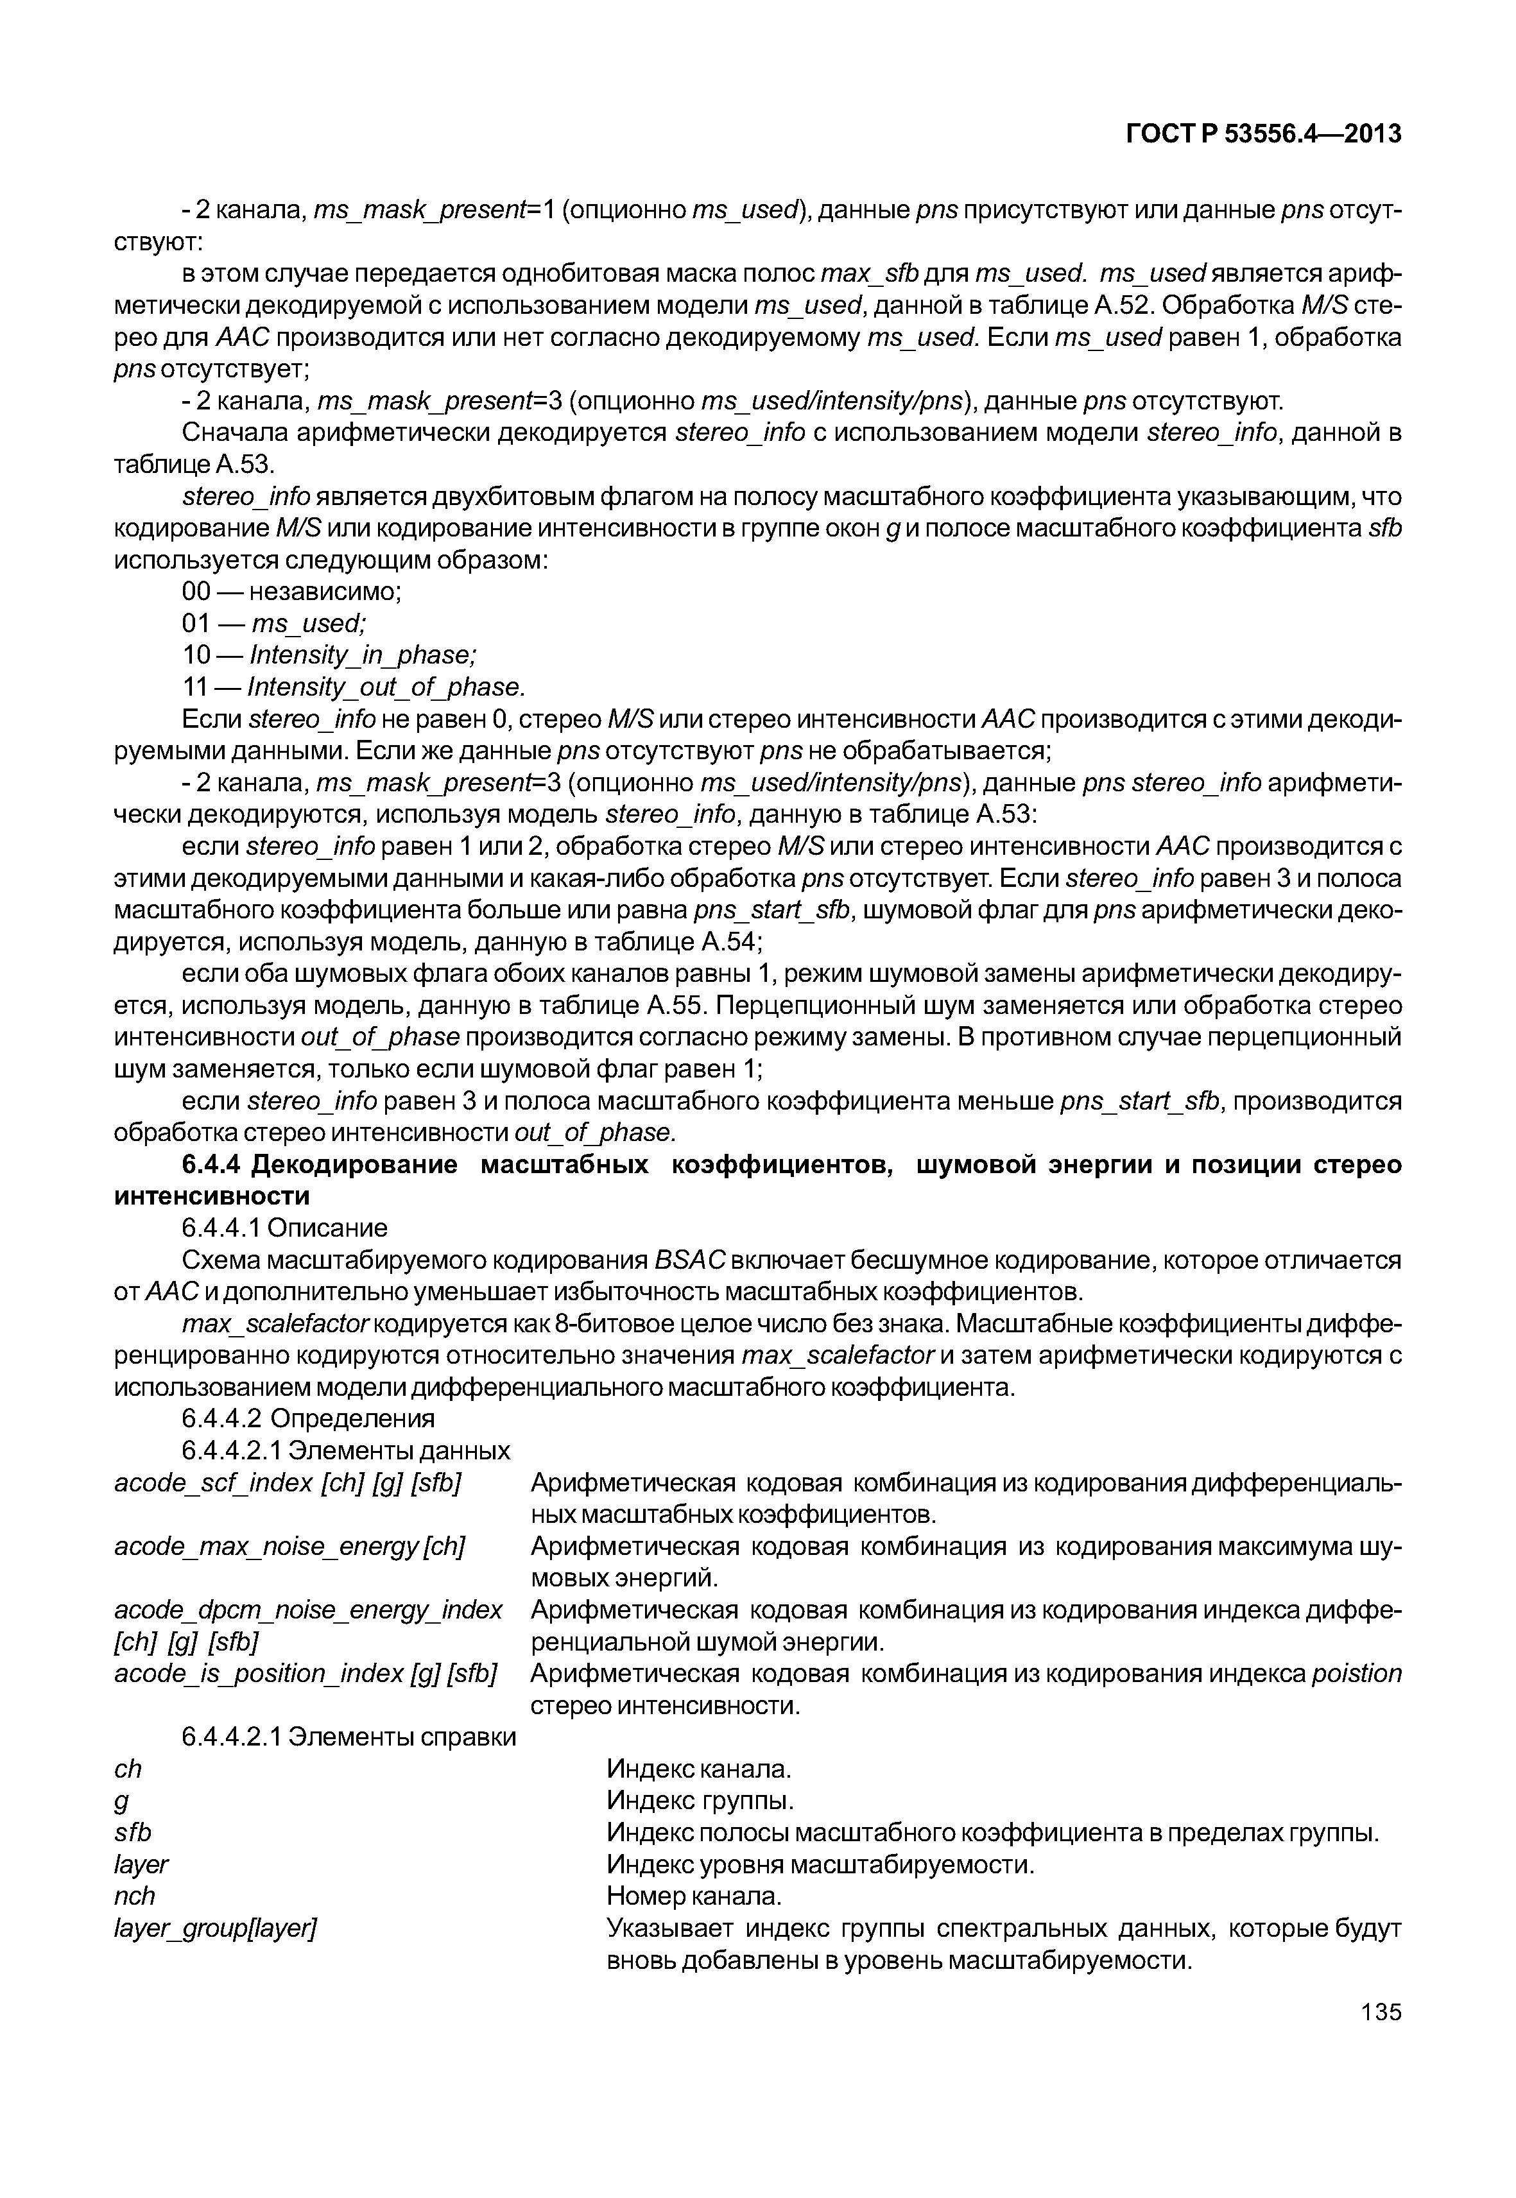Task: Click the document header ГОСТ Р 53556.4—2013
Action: point(1262,134)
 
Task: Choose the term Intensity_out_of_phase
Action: point(384,687)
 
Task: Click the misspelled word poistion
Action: point(1356,1674)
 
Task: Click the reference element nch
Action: point(134,1896)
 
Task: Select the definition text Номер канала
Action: point(693,1896)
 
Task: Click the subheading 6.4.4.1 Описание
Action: point(284,1228)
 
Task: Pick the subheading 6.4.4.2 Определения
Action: point(308,1419)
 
